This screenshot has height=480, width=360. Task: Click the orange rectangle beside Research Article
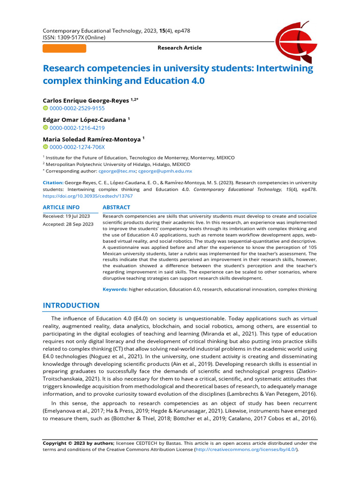coord(64,48)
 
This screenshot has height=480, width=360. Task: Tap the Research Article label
coord(180,48)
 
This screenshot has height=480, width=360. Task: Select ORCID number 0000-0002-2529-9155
coord(77,108)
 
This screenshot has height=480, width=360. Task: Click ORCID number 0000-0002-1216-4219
coord(77,127)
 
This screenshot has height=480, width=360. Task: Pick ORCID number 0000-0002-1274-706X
coord(77,147)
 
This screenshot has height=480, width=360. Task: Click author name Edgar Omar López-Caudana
coord(84,120)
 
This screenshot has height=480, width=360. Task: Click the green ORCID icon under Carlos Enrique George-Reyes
coord(45,108)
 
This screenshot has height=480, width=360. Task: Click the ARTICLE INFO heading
coord(61,207)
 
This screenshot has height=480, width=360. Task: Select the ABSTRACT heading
coord(116,207)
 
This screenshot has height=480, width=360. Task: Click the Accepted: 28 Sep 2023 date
coord(68,225)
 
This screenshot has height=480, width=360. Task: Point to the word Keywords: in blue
coord(115,290)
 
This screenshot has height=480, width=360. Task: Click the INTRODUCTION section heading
coord(71,306)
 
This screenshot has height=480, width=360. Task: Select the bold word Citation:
coord(52,182)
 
